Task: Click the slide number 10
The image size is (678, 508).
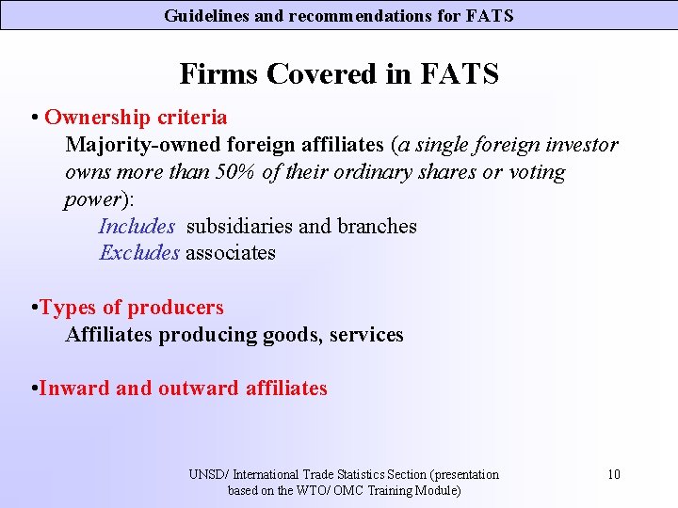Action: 614,474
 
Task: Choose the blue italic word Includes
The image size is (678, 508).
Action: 137,226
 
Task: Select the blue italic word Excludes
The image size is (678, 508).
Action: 139,252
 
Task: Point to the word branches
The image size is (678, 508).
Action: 377,226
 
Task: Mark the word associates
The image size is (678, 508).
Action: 231,252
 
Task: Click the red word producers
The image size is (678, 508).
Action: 176,308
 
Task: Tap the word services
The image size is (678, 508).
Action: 366,334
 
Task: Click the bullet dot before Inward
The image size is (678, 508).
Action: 34,387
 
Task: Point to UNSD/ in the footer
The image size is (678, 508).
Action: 208,474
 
